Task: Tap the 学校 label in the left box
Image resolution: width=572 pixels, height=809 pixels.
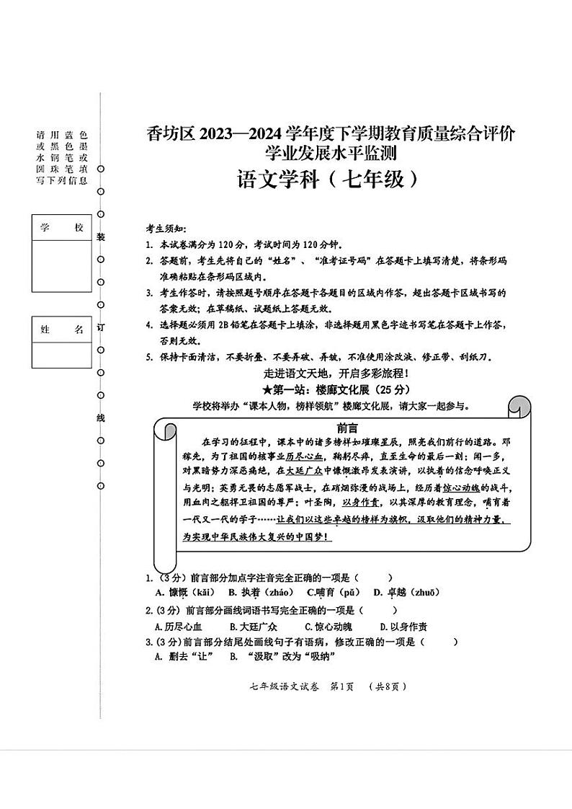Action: pos(62,228)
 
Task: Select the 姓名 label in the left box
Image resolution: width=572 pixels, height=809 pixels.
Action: pos(62,330)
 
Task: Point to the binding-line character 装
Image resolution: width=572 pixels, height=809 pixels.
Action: pos(101,236)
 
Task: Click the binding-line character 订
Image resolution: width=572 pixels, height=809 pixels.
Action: pos(101,327)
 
